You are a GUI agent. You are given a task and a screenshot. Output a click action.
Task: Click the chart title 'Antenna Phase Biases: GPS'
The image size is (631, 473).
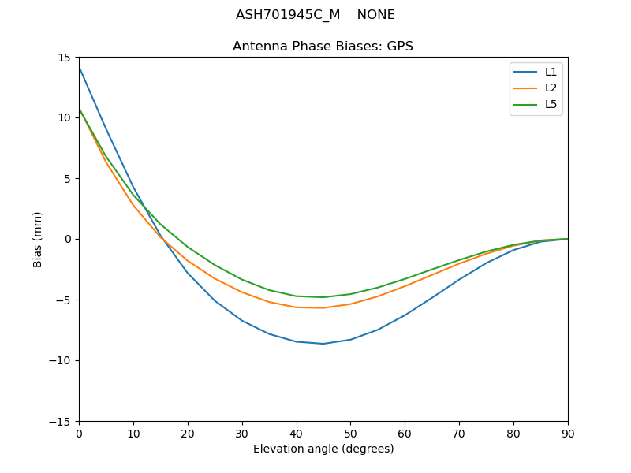pyautogui.click(x=323, y=47)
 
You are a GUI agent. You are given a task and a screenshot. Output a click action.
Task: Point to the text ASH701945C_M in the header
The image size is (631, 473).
pyautogui.click(x=288, y=15)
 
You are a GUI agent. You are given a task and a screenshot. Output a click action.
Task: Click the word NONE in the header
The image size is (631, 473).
pyautogui.click(x=375, y=15)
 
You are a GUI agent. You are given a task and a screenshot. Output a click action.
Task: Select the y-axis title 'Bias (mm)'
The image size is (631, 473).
pyautogui.click(x=38, y=239)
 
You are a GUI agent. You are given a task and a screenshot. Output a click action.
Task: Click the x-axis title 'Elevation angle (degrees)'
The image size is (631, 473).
pyautogui.click(x=323, y=449)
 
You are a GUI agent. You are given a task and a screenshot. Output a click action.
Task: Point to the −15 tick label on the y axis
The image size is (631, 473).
pyautogui.click(x=62, y=421)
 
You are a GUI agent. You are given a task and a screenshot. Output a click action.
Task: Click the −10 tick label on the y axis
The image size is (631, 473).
pyautogui.click(x=62, y=360)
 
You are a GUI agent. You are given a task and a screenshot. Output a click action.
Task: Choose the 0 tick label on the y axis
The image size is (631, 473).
pyautogui.click(x=69, y=239)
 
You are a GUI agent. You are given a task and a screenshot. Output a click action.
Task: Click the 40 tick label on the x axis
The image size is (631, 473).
pyautogui.click(x=296, y=434)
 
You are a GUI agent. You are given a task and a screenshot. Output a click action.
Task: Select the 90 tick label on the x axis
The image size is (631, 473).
pyautogui.click(x=567, y=434)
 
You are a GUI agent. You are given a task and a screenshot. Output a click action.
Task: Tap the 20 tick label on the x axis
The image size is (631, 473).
pyautogui.click(x=187, y=434)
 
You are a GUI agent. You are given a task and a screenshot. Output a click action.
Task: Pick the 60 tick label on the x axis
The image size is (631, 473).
pyautogui.click(x=405, y=434)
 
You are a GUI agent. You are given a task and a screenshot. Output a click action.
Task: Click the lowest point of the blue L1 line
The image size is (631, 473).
pyautogui.click(x=323, y=344)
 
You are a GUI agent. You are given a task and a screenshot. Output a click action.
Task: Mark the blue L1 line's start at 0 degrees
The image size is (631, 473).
pyautogui.click(x=80, y=67)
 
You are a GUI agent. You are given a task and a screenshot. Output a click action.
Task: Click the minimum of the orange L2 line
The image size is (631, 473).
pyautogui.click(x=323, y=307)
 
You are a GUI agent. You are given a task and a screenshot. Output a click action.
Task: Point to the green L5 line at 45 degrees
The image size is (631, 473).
pyautogui.click(x=323, y=297)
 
